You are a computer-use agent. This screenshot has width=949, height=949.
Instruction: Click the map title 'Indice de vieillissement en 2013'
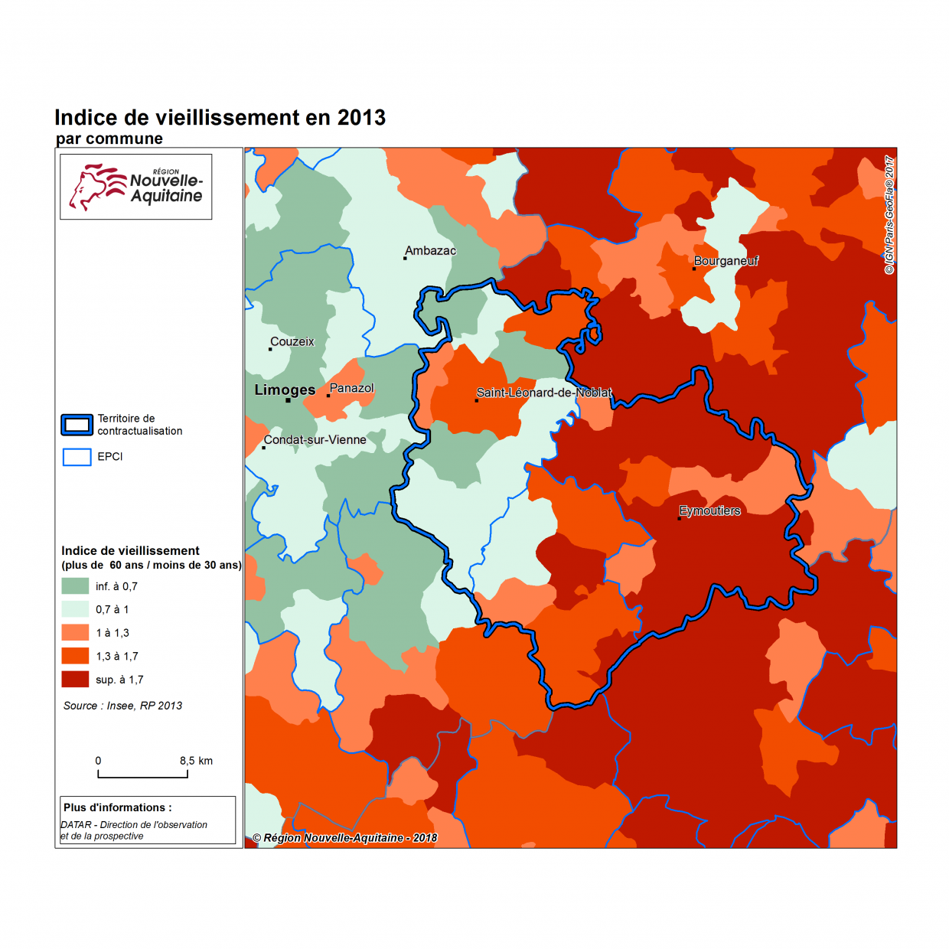pos(220,118)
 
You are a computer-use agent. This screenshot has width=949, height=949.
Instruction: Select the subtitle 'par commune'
pos(109,139)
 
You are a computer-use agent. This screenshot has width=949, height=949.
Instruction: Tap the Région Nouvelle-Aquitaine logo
pos(136,187)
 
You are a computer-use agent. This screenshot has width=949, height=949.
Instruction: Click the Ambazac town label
pos(430,251)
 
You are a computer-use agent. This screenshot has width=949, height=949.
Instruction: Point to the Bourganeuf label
pos(726,261)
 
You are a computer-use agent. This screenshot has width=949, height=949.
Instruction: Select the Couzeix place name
pos(292,342)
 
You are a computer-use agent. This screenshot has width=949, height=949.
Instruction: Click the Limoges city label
pos(285,390)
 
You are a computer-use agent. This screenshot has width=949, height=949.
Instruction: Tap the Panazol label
pos(351,389)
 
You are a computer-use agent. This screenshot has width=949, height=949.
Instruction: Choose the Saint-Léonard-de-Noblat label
pos(543,393)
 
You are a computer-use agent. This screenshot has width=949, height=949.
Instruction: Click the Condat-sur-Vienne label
pos(315,440)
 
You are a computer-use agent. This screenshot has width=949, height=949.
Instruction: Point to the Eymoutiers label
pos(709,511)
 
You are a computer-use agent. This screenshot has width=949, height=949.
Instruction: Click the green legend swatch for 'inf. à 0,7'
pos(75,586)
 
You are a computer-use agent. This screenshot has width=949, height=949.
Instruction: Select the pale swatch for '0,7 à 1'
pos(75,609)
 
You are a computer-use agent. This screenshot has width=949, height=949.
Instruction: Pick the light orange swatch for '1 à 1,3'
pos(75,633)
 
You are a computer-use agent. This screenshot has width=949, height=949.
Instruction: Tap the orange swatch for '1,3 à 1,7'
pos(75,656)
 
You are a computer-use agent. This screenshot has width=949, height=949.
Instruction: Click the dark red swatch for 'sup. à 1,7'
pos(75,680)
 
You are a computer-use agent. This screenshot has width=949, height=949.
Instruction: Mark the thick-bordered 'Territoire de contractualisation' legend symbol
pos(77,425)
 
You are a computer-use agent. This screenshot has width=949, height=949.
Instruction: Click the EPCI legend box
pos(77,457)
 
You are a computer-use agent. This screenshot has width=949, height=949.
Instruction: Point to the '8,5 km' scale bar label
pos(196,761)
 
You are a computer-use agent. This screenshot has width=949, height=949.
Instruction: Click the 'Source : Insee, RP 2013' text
pos(122,706)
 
